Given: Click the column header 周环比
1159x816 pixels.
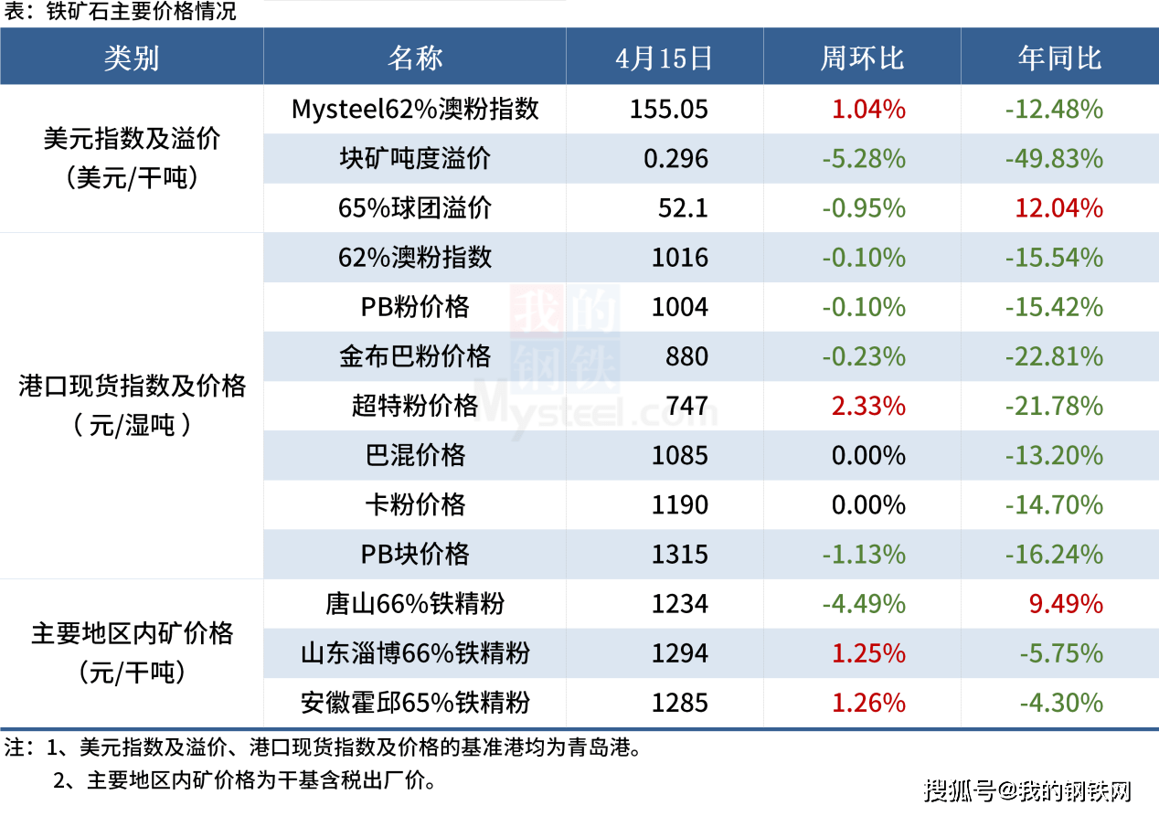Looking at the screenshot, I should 861,58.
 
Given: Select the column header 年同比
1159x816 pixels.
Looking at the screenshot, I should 1059,58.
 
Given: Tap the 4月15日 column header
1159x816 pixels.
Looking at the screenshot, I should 664,58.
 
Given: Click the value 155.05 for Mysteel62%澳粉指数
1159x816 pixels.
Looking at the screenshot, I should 669,110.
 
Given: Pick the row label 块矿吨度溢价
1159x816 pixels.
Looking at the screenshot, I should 415,159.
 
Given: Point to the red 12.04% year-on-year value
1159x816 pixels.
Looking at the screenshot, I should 1058,208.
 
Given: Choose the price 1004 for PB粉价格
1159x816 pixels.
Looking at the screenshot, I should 680,307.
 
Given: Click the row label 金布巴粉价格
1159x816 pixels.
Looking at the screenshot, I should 415,356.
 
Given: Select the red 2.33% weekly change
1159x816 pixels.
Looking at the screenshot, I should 868,406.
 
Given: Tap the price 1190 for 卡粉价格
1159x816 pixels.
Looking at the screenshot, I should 680,504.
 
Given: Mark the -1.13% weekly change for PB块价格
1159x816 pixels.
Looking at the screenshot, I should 864,554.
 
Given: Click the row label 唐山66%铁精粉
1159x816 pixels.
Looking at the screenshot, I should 415,603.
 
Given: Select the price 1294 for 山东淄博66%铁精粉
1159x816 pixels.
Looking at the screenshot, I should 680,652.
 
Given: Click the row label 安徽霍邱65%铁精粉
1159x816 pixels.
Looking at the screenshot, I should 415,702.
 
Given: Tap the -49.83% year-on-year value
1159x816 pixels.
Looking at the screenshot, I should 1054,159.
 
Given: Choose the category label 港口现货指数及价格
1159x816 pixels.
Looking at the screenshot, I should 132,387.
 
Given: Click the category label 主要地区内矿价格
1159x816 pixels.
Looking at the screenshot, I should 132,633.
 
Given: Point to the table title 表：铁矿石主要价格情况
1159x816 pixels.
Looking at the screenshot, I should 120,12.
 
